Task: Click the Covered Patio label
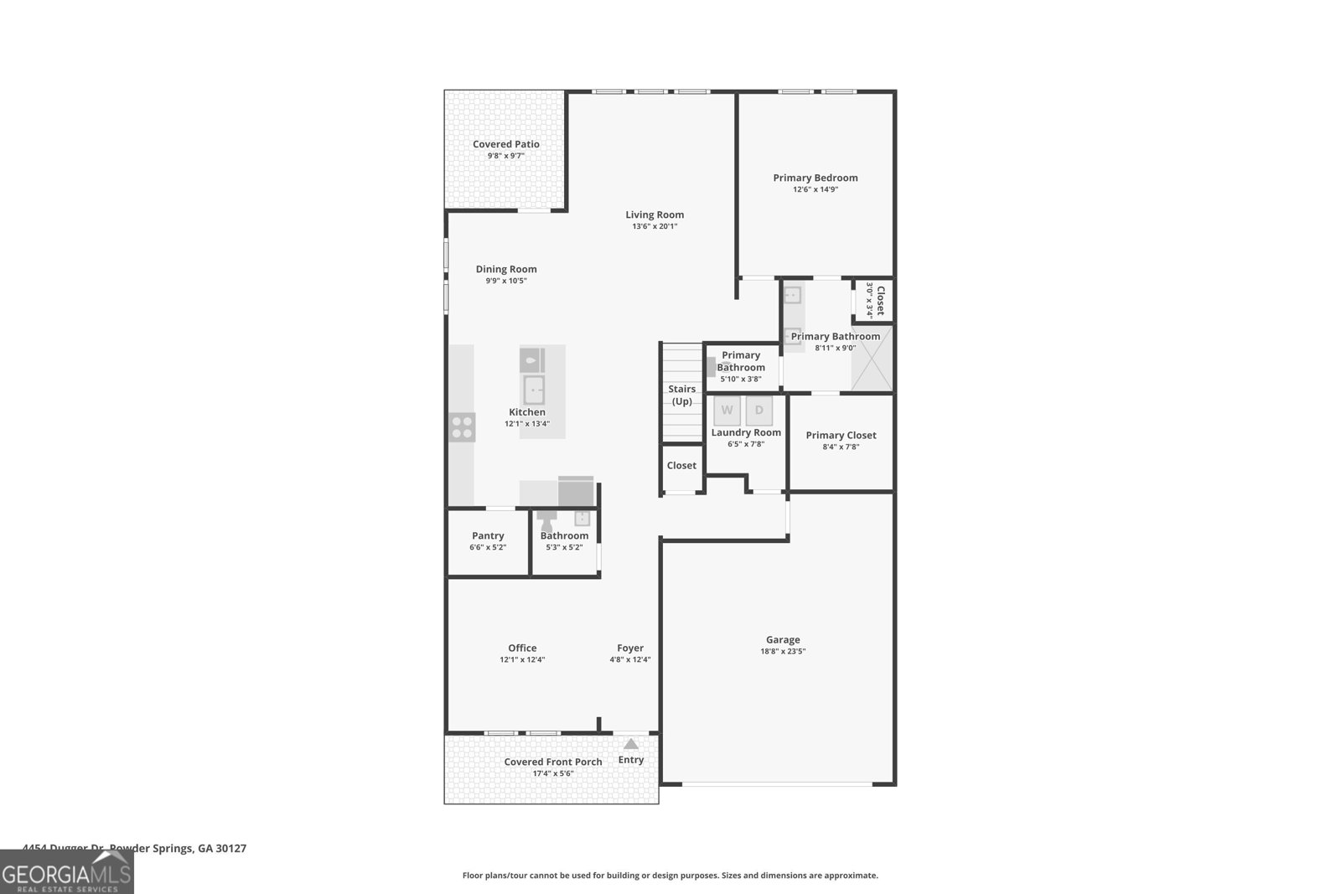(505, 144)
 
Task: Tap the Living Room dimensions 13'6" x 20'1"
(654, 226)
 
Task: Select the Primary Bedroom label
(815, 178)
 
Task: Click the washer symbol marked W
(727, 410)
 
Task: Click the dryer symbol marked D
(759, 410)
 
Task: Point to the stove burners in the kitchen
(462, 427)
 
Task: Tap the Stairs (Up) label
(681, 395)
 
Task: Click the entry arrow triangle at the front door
(630, 744)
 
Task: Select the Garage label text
(782, 639)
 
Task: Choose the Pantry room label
(488, 535)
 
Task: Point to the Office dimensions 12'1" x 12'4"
(521, 659)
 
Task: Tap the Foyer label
(629, 648)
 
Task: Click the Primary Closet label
(841, 435)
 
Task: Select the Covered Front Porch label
(552, 762)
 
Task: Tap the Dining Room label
(505, 269)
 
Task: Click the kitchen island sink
(534, 390)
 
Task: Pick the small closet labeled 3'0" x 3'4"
(874, 300)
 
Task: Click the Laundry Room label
(746, 432)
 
